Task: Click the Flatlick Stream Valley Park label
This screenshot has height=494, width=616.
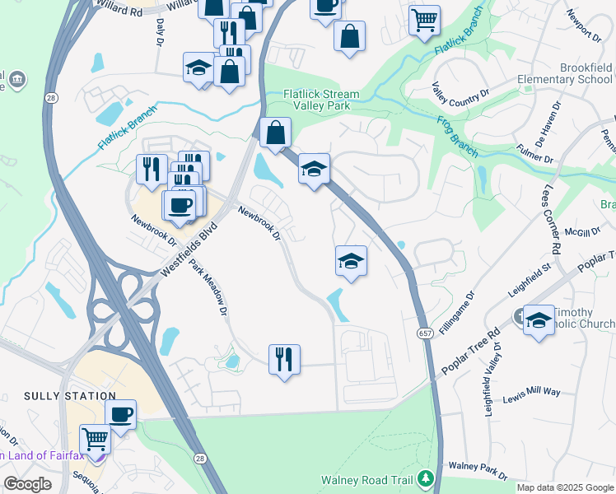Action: tap(320, 100)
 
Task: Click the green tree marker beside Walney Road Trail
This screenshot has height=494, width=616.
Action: tap(425, 478)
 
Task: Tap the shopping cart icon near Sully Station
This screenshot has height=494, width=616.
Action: tap(95, 439)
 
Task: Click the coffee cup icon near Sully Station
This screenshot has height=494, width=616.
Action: tap(121, 414)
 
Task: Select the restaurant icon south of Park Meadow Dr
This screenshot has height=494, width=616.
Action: tap(284, 358)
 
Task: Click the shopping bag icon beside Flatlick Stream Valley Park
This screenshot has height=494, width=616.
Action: tap(275, 132)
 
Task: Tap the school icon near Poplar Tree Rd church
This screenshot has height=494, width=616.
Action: tap(539, 320)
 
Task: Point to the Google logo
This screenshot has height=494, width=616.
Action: tap(27, 484)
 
